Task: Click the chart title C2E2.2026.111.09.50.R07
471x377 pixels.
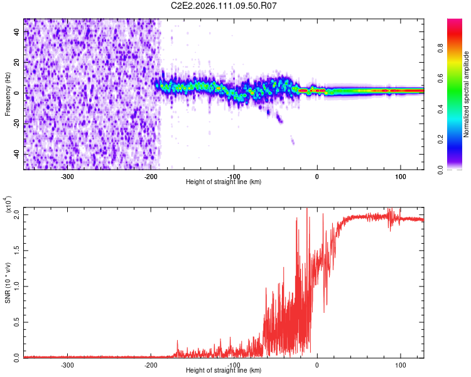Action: tap(224, 6)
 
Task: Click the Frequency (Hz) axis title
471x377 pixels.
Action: tap(8, 94)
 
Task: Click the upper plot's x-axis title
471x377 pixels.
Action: tap(224, 182)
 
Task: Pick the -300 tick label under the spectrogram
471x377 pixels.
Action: tap(67, 176)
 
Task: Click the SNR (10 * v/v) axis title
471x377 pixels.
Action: tap(8, 283)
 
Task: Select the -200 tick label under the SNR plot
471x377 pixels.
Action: tap(151, 364)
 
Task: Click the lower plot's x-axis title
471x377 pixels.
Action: tap(224, 370)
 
